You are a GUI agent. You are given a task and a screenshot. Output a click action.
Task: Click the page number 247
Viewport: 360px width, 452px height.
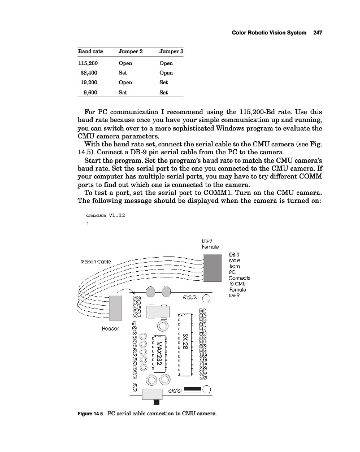317,32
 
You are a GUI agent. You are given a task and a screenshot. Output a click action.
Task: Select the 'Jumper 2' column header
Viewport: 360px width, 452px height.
131,52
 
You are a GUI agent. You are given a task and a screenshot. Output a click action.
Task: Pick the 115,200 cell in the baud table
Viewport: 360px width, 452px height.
88,63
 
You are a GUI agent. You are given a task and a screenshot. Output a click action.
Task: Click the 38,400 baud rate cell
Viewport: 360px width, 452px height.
90,73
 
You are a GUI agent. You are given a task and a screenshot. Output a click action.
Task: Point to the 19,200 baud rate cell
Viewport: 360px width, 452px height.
90,82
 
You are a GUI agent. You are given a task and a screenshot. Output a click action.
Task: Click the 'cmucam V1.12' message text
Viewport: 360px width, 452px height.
106,215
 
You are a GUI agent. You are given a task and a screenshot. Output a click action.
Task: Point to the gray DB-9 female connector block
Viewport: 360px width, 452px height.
212,267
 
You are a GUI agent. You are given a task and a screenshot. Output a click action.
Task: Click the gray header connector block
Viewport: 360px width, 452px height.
116,307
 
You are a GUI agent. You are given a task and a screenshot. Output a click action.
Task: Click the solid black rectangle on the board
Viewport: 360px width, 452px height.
193,389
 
